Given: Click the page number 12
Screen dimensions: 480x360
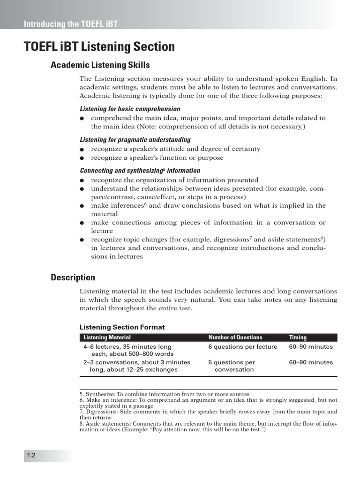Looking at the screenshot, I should (x=31, y=456).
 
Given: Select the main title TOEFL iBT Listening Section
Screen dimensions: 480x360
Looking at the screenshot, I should (x=99, y=47).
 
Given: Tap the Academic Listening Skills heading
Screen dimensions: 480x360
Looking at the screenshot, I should (x=100, y=65).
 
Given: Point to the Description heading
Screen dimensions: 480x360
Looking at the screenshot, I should (x=73, y=277).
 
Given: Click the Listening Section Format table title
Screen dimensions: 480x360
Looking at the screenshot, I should (x=122, y=327).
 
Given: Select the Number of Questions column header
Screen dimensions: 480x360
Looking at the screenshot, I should (x=235, y=337).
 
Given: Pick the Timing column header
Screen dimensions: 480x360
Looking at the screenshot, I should (x=298, y=337).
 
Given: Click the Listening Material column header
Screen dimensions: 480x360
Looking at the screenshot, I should (x=107, y=337).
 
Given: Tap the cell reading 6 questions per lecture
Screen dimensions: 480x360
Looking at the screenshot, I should (x=243, y=347).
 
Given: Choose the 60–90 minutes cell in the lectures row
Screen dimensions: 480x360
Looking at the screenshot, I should (x=311, y=347).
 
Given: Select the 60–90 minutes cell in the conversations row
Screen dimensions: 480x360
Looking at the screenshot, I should (x=311, y=362).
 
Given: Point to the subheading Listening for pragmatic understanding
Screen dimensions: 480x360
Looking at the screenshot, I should (x=135, y=140).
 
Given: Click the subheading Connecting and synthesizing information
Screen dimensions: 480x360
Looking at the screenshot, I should (x=140, y=171).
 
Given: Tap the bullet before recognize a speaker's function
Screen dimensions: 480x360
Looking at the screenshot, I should (x=82, y=158).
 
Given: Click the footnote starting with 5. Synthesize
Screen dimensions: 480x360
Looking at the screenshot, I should (x=164, y=394).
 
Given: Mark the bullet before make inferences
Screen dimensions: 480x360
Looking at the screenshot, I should (x=82, y=206).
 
